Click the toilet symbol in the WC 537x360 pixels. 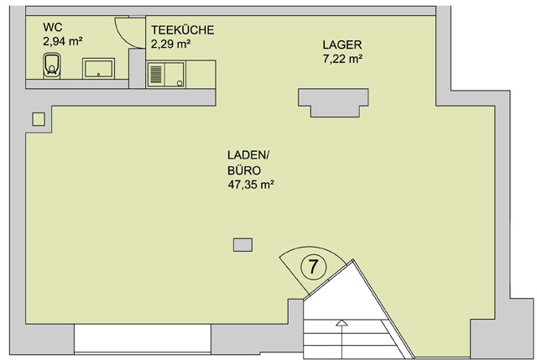click(x=52, y=65)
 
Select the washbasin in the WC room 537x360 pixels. click(x=98, y=68)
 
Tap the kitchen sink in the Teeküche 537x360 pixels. click(x=166, y=74)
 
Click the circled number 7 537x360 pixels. click(x=313, y=267)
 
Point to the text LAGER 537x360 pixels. click(x=342, y=44)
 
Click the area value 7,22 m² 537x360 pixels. click(x=342, y=59)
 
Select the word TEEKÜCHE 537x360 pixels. click(x=183, y=30)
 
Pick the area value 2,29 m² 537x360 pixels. click(x=170, y=44)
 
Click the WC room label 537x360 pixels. click(x=53, y=27)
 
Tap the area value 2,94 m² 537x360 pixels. click(x=63, y=41)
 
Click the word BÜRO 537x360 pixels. click(x=244, y=170)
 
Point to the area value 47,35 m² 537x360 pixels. click(x=251, y=185)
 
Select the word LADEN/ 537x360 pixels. click(x=248, y=155)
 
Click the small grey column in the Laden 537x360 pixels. click(x=242, y=245)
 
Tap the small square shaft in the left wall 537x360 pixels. click(x=39, y=119)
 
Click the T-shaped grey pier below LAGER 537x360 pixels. click(x=333, y=102)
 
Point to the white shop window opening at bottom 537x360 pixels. click(x=143, y=338)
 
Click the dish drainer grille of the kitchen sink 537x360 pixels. click(x=156, y=75)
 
